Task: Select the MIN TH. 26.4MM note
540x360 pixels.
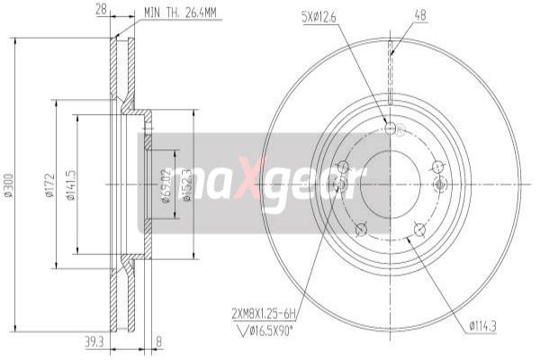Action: pos(181,13)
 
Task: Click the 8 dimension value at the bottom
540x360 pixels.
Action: pos(158,343)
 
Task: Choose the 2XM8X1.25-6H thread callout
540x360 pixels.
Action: pos(262,314)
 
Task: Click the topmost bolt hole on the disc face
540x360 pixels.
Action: pos(390,128)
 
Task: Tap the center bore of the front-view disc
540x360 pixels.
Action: pos(390,183)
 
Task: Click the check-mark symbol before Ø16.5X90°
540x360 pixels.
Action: pos(238,330)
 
